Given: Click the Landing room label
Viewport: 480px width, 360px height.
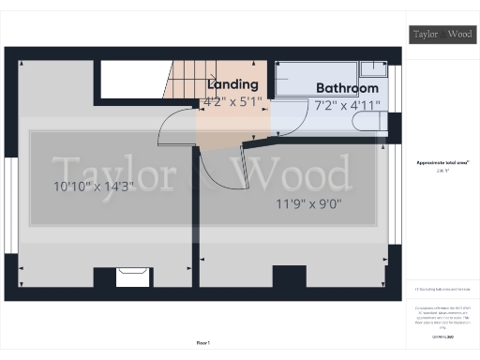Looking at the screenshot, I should [x=232, y=85].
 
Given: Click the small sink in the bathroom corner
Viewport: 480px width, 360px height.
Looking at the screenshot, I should [x=374, y=70].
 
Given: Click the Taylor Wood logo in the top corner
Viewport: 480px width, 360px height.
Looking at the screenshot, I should [x=443, y=35].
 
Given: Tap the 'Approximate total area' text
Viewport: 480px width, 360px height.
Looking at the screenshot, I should [x=442, y=163].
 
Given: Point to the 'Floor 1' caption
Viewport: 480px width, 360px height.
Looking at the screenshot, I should [x=203, y=343].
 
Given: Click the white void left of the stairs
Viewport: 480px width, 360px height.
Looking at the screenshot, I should [x=132, y=80].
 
